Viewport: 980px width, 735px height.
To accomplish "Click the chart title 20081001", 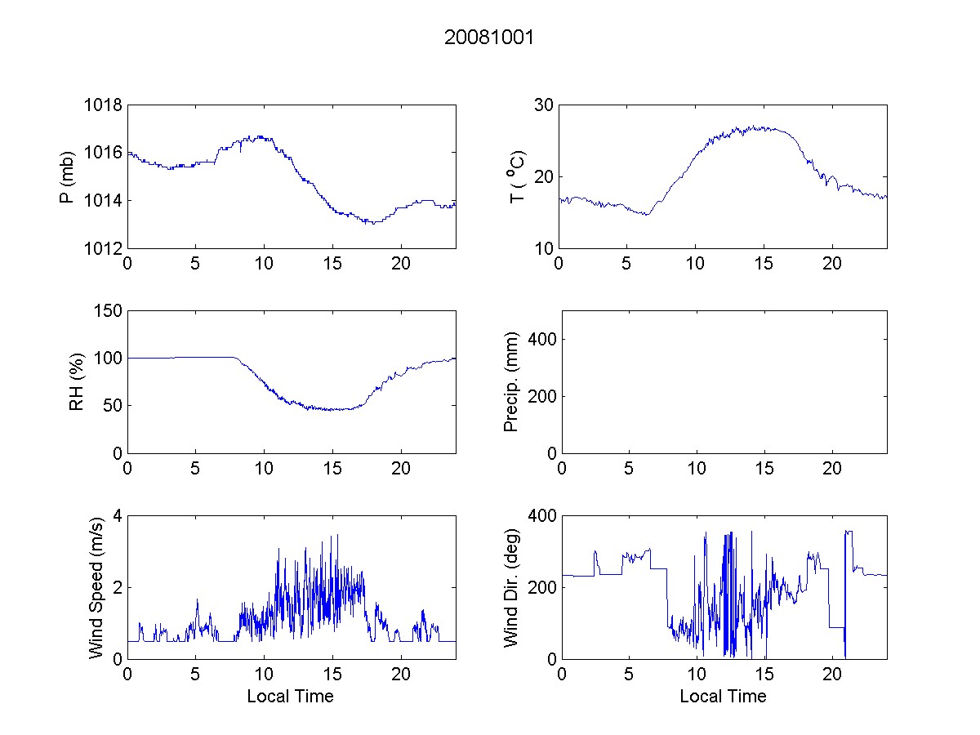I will pyautogui.click(x=489, y=38).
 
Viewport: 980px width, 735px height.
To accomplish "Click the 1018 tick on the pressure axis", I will pyautogui.click(x=104, y=105).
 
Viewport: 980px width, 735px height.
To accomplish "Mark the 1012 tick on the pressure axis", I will pyautogui.click(x=104, y=248).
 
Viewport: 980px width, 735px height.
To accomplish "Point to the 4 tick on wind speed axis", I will pyautogui.click(x=117, y=515).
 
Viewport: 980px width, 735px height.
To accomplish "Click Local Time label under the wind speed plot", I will pyautogui.click(x=290, y=696).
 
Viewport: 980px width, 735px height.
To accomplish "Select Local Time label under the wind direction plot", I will pyautogui.click(x=723, y=696).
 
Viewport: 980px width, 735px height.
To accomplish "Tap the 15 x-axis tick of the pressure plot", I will pyautogui.click(x=332, y=264).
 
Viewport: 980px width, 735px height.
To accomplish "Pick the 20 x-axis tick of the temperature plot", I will pyautogui.click(x=832, y=264).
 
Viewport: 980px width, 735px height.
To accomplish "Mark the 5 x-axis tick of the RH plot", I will pyautogui.click(x=195, y=469).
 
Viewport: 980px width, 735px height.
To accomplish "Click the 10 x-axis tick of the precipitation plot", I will pyautogui.click(x=696, y=469).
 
